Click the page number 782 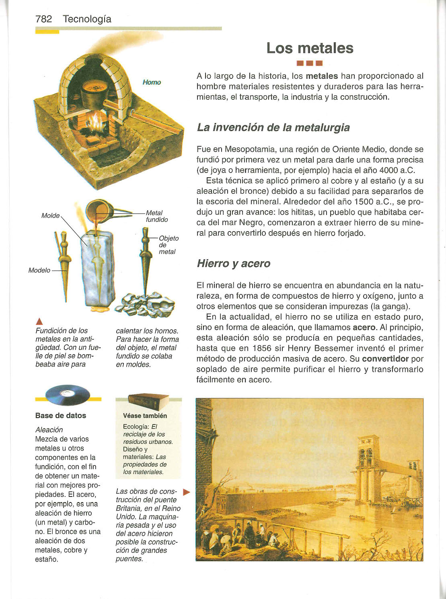coord(43,19)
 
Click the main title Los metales coord(310,48)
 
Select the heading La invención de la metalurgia coord(273,128)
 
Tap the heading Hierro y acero coord(233,264)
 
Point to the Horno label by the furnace coord(152,82)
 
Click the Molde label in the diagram coord(50,216)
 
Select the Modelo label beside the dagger coord(39,270)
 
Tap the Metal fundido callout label coord(156,216)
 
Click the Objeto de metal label coord(169,245)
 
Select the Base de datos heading coord(61,416)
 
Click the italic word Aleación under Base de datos coord(49,430)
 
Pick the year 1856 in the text coord(263,348)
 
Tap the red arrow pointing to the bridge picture coord(186,492)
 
